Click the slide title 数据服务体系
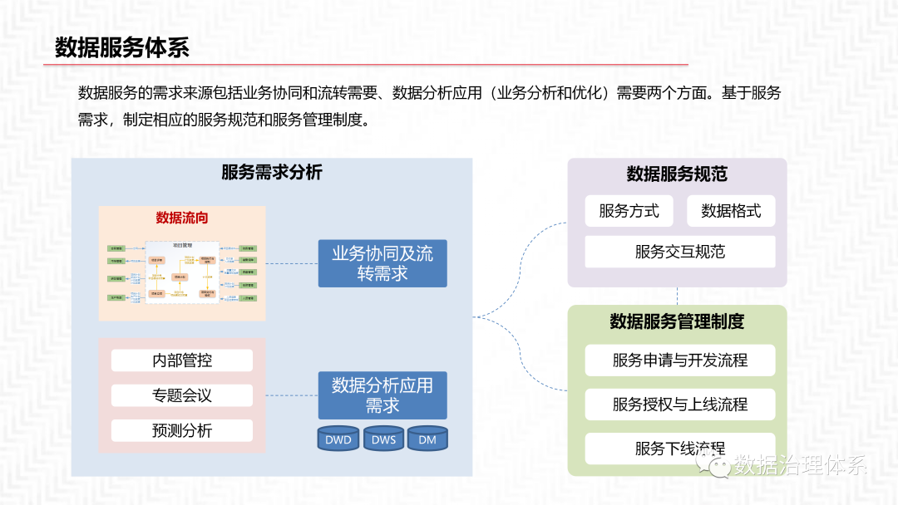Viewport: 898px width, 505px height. (122, 47)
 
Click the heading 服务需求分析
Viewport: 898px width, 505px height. (271, 173)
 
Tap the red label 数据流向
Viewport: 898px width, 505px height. (182, 218)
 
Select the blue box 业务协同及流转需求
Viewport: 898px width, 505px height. (382, 263)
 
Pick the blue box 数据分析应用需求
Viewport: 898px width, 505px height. (382, 395)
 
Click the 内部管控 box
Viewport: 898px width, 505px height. (182, 360)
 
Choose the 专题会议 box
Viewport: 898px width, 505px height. (182, 395)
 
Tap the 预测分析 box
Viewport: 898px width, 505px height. (182, 430)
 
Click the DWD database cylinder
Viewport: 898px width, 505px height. (338, 439)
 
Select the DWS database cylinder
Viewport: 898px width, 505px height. (383, 439)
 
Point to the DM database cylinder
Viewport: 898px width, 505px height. (427, 439)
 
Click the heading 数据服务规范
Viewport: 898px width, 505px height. (677, 174)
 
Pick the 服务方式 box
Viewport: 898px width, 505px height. (629, 211)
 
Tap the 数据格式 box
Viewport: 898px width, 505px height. (731, 211)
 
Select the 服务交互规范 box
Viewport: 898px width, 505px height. (679, 252)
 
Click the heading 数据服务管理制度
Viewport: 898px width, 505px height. (677, 321)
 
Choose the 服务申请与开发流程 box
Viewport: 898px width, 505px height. (679, 360)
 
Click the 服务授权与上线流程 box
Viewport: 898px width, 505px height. (679, 404)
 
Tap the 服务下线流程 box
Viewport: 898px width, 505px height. (679, 449)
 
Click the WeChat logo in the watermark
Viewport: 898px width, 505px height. (718, 466)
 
